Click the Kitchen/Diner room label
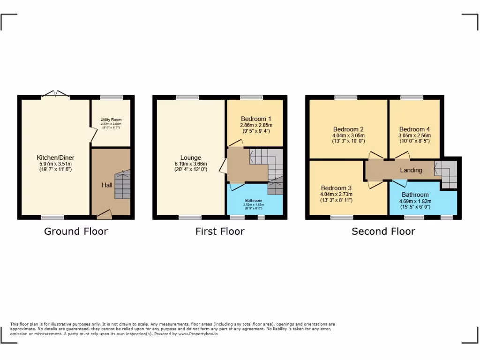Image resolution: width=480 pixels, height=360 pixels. pos(55,157)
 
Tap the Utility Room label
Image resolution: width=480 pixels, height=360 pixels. pos(111,120)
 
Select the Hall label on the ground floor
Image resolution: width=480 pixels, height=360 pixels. pos(107,185)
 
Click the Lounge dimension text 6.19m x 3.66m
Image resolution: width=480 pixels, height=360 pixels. pos(190,164)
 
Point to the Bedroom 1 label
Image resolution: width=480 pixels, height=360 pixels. pos(256,119)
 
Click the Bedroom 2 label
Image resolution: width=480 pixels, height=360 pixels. pos(348,129)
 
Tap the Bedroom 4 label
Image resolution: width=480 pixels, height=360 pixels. pos(414,129)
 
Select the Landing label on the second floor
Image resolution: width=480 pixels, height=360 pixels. pos(411,170)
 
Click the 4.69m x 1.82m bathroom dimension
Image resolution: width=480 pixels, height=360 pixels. pos(415,201)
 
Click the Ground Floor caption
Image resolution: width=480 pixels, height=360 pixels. pos(76,231)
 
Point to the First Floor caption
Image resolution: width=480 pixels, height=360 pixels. pos(220,231)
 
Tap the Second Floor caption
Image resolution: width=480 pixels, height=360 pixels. pos(383,231)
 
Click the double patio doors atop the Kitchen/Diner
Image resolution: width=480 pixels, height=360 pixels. pos(56,95)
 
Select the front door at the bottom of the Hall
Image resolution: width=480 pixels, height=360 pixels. pos(104,214)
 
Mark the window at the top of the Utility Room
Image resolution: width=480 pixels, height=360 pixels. pos(111,97)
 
